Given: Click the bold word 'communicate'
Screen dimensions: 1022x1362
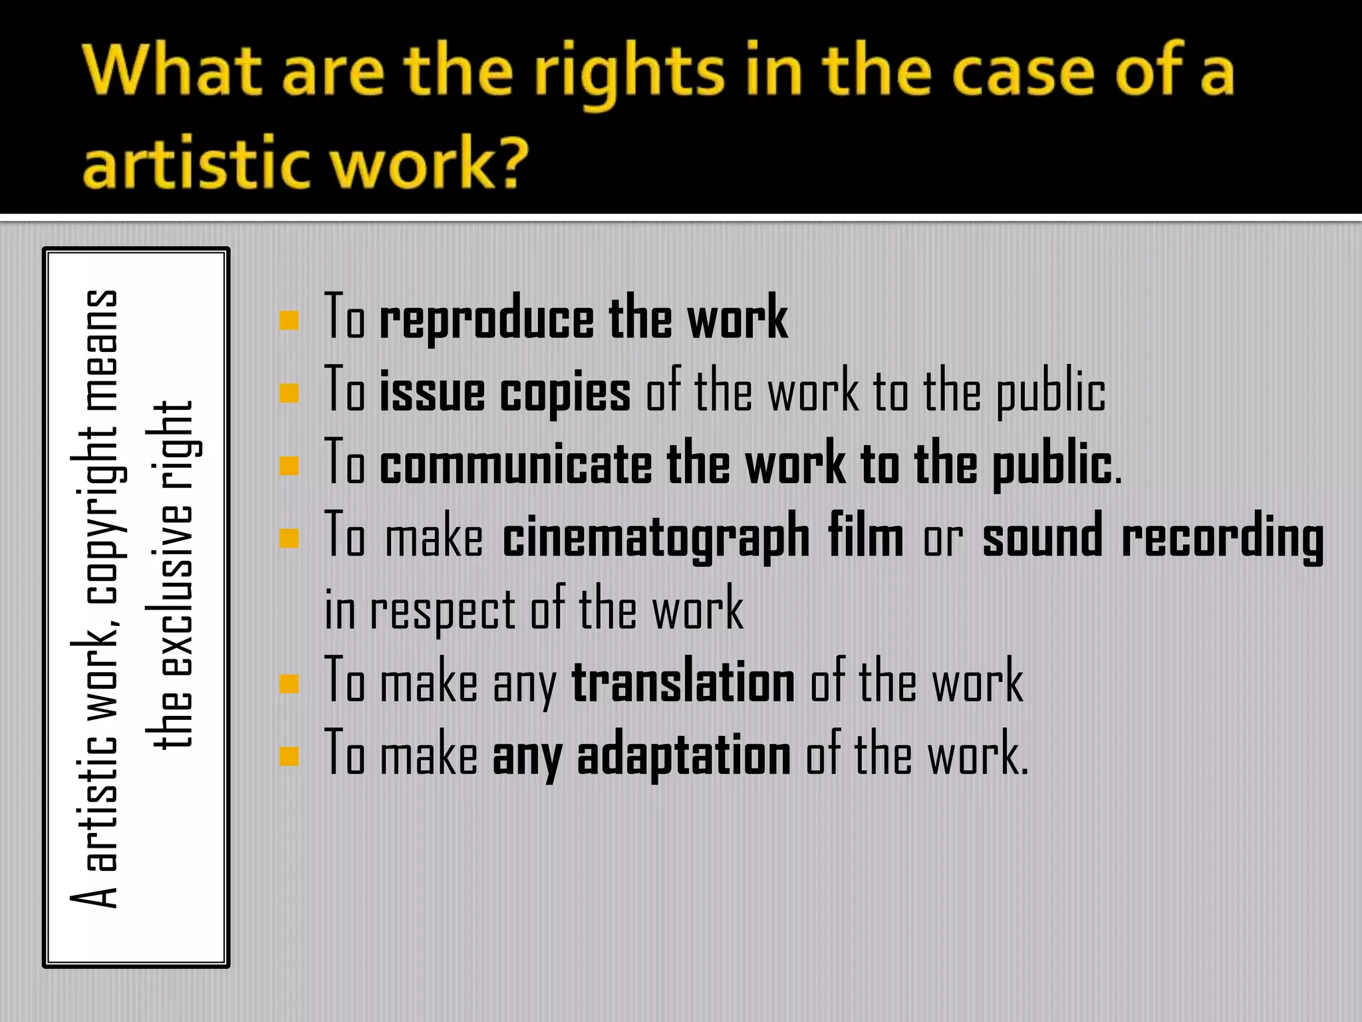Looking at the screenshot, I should (x=515, y=464).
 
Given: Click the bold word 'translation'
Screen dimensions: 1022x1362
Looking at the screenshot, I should (x=683, y=683).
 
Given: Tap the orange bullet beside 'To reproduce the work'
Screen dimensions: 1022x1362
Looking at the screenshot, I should (x=289, y=321).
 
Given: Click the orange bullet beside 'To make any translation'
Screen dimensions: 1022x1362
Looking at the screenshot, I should (x=289, y=684).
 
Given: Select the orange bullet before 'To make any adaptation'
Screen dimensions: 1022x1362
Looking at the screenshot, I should (x=289, y=757).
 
